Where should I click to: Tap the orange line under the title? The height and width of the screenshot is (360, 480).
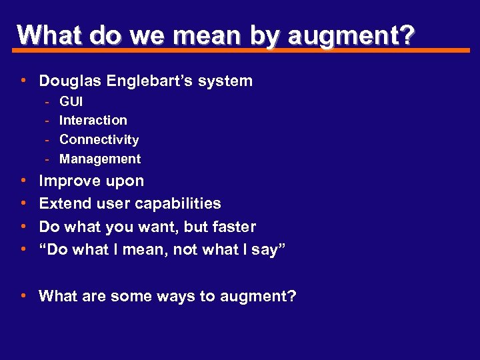point(240,50)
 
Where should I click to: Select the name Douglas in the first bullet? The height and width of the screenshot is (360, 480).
point(69,81)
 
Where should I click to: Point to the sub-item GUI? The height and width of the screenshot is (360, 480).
point(71,102)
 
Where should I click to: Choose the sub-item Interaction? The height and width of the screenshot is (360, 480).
point(93,121)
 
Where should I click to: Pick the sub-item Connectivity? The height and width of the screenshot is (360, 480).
point(99,140)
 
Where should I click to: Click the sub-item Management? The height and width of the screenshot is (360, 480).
point(100,159)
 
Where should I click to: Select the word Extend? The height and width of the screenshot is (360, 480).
point(64,204)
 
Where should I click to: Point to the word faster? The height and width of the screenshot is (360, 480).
point(233,227)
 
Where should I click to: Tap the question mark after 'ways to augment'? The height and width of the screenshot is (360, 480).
point(292,296)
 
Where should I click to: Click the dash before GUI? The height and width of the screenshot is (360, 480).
point(47,102)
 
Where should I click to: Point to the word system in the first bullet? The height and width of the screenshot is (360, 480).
point(230,81)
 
